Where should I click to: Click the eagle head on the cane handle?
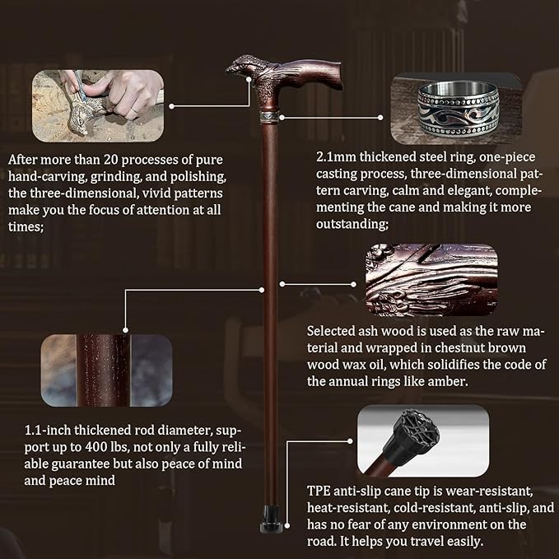coord(240,65)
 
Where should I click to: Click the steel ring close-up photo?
coord(455,109)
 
